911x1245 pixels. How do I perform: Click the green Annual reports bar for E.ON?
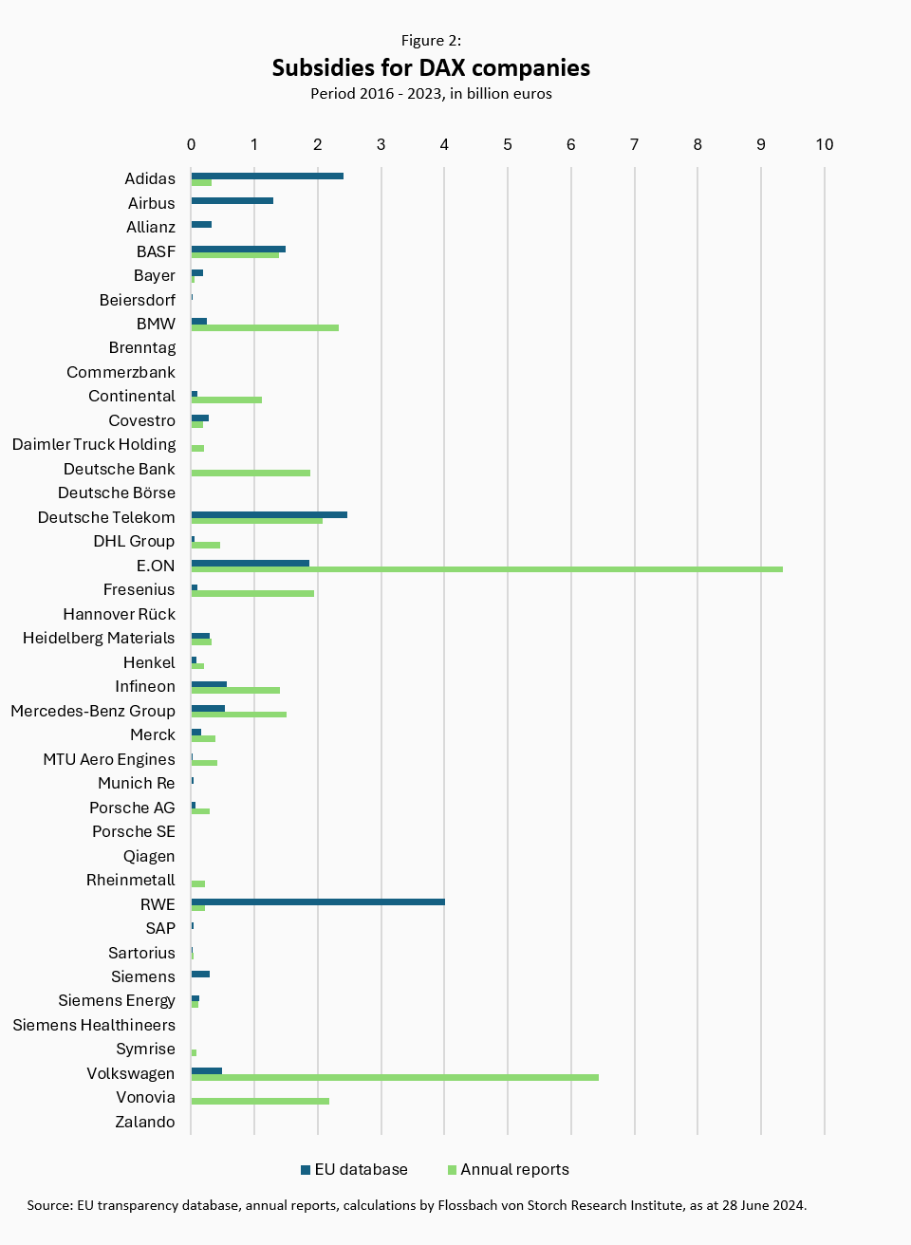click(x=486, y=569)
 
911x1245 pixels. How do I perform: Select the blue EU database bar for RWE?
click(x=318, y=901)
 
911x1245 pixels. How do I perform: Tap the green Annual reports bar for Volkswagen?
click(x=394, y=1077)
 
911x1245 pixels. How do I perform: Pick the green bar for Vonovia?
click(x=260, y=1101)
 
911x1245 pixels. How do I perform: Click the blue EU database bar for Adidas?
click(x=267, y=176)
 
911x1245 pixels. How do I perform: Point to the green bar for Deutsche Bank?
click(x=251, y=473)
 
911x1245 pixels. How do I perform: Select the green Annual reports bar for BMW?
click(x=265, y=327)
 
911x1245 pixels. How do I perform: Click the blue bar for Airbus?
click(x=232, y=200)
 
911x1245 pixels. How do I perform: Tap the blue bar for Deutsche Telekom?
click(x=269, y=514)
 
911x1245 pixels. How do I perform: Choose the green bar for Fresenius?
click(x=252, y=593)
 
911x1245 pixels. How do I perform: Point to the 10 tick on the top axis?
click(x=824, y=144)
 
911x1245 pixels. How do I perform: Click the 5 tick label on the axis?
click(x=508, y=144)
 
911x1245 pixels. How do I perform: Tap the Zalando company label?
click(x=145, y=1122)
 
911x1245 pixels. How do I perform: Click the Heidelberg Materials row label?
click(x=99, y=638)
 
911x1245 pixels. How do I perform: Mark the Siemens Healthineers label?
click(x=94, y=1025)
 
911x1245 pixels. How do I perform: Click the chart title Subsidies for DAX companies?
click(x=431, y=67)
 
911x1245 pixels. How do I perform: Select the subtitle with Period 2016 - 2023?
click(x=431, y=94)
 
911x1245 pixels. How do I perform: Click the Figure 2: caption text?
click(x=431, y=40)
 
